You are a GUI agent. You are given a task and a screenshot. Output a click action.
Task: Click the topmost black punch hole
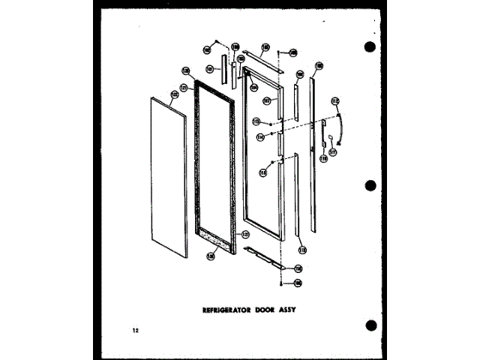point(370,47)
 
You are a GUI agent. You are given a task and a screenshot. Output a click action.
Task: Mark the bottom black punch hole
point(370,325)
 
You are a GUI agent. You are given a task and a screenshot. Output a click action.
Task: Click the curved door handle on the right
point(341,124)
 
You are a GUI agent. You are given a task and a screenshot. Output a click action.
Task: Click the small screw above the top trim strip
point(279,53)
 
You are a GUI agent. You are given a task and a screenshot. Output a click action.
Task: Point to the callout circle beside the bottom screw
point(298,282)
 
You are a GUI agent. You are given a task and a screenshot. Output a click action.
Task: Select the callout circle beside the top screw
point(293,52)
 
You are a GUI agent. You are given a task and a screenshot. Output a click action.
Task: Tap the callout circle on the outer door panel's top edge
point(174,94)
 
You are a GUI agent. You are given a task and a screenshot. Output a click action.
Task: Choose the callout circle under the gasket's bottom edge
point(210,256)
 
